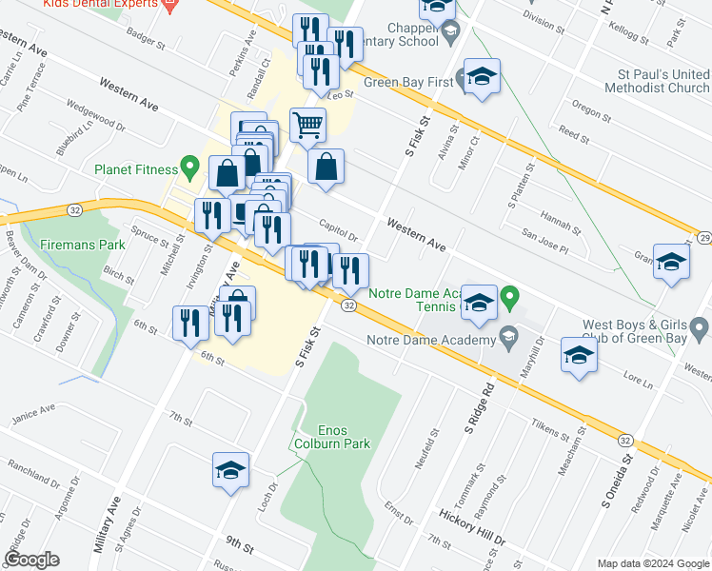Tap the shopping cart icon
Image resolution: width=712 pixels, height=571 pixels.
tap(307, 124)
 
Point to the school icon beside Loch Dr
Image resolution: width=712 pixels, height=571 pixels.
tap(228, 469)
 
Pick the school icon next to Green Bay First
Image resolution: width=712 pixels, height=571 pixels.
tap(482, 77)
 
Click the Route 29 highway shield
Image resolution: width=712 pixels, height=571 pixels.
tap(704, 237)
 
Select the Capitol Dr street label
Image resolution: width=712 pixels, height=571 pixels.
tap(338, 230)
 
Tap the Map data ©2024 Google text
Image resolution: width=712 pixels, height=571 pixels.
tap(652, 562)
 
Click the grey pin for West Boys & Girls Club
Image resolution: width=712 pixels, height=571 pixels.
tap(700, 329)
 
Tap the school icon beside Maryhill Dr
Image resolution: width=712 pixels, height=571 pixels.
tap(578, 356)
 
